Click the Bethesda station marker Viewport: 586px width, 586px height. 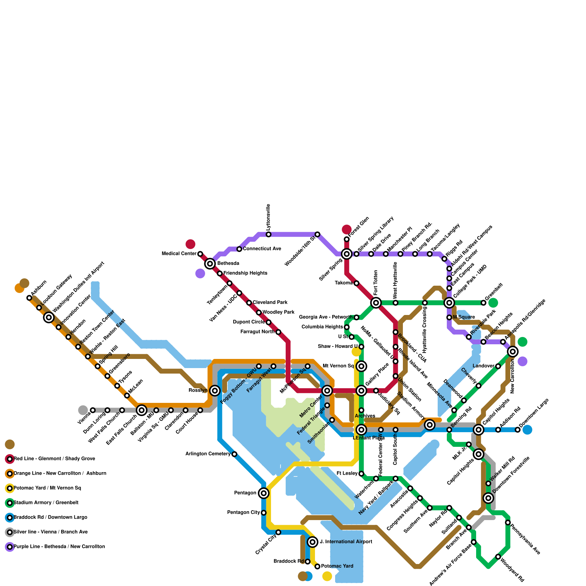point(210,263)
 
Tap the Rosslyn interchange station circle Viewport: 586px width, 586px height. point(215,390)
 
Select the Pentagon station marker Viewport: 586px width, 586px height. point(264,493)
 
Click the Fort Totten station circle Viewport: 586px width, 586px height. point(376,303)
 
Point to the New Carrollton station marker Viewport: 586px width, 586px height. point(513,352)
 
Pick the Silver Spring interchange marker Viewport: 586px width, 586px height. point(346,254)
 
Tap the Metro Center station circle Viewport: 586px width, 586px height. point(327,391)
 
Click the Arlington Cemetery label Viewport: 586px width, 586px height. point(208,454)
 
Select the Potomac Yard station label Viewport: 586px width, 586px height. point(337,566)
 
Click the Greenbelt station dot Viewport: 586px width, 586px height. point(483,303)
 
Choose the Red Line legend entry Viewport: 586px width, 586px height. point(54,459)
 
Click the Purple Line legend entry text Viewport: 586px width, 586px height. point(59,547)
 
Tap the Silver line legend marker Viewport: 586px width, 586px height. point(10,532)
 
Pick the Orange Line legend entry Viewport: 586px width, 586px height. point(59,474)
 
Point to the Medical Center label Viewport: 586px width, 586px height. point(179,254)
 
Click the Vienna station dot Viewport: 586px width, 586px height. point(93,410)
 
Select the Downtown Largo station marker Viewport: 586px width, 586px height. point(518,430)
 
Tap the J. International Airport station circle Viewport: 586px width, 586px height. point(312,542)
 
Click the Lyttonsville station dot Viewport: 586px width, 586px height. point(268,234)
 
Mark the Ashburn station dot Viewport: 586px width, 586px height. point(29,298)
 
